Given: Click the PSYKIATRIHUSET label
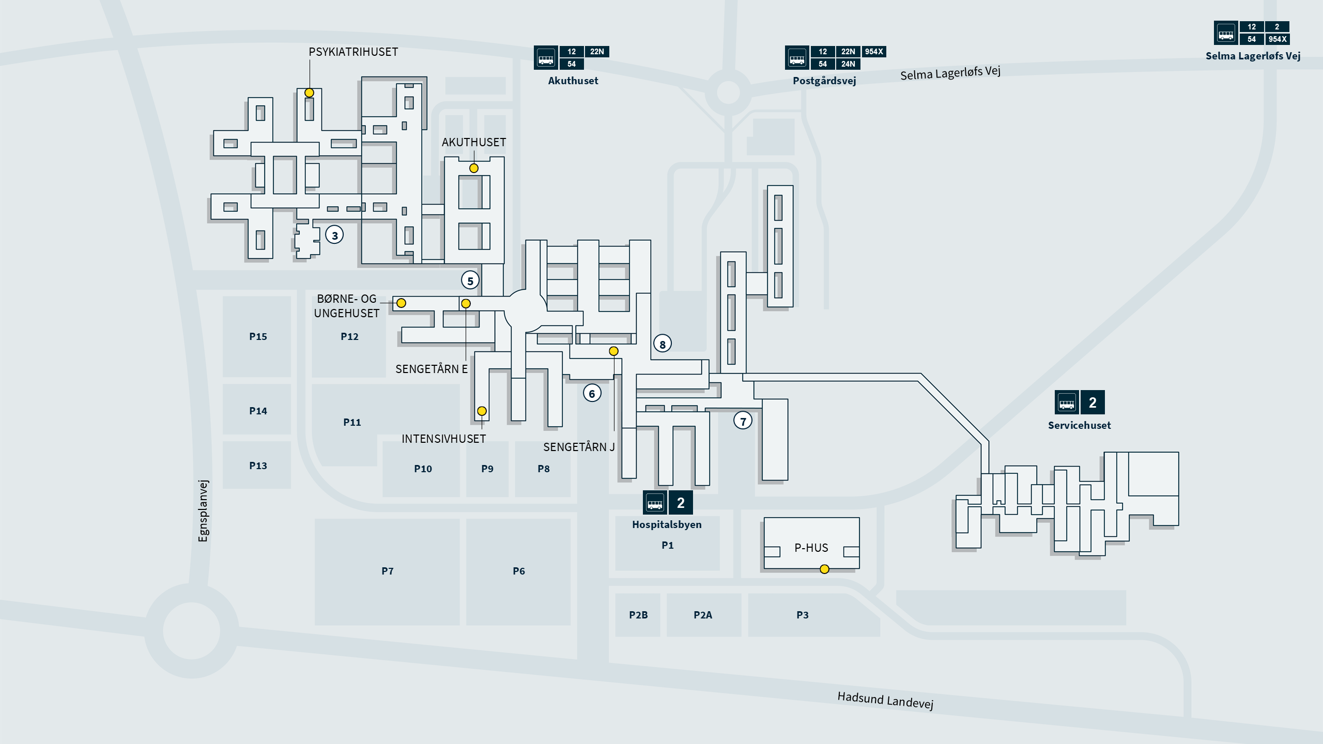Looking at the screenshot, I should (353, 52).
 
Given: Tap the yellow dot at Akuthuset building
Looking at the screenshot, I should (473, 168).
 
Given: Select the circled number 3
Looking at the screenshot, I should (334, 236).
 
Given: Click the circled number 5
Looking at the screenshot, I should (470, 281).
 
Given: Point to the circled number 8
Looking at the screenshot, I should (662, 344).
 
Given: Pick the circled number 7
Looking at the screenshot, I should (743, 421).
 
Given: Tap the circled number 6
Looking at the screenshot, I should (592, 394).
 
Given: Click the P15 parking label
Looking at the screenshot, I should (258, 337).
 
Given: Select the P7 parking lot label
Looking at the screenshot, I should (387, 571).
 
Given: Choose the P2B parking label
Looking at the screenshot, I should (638, 615).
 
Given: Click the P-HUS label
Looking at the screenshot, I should (811, 548).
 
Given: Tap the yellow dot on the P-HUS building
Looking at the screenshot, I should (824, 569).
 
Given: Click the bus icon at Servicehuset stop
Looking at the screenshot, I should (1067, 402).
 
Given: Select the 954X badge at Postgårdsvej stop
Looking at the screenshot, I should (873, 52).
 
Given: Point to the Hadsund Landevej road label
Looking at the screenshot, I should (885, 700).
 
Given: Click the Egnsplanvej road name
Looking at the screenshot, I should (203, 511).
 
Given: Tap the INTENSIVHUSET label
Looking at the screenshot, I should (443, 439).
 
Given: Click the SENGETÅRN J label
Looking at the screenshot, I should (578, 447).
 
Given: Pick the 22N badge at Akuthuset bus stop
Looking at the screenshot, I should (596, 52).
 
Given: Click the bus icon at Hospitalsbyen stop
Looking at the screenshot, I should (655, 503).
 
